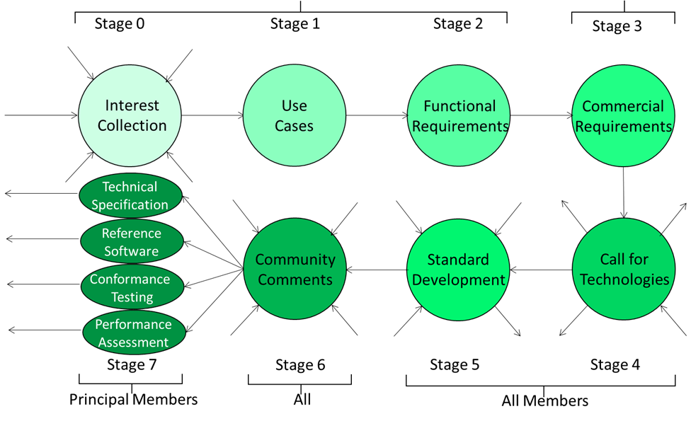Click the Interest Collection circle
coord(130,116)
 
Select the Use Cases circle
coord(295,115)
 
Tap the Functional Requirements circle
coord(459,115)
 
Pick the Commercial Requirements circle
coord(623,115)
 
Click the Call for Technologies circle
coord(624,269)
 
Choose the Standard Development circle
coord(458,270)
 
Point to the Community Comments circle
coord(295,269)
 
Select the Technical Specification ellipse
coord(130,195)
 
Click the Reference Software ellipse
coord(132,241)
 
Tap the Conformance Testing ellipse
coord(132,287)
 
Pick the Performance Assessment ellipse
coord(134,333)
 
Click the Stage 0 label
coord(120,23)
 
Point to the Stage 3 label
coord(617,26)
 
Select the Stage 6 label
coord(300,364)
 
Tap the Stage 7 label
coord(132,364)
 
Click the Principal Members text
coord(134,400)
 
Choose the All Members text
coord(545,400)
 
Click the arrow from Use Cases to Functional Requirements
coord(377,116)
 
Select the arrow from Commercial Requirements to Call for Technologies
coord(624,192)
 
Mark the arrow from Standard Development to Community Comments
coord(377,270)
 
